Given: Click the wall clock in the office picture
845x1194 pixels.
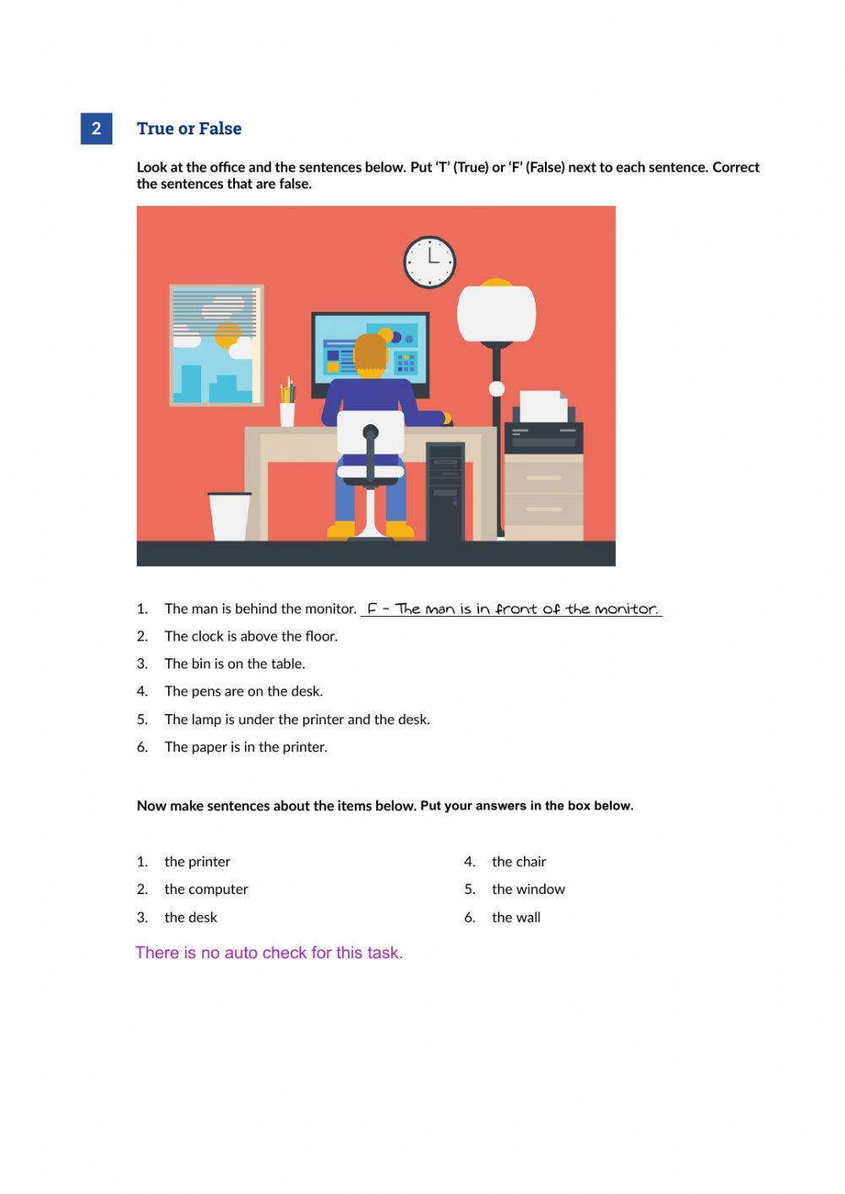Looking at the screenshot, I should (429, 261).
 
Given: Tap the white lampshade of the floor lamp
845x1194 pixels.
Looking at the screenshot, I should (496, 313).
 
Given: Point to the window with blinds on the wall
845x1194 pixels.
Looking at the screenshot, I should (216, 345).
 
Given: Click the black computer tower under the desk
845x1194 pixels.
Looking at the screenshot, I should (445, 490).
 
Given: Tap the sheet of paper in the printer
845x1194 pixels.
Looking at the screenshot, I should (542, 406).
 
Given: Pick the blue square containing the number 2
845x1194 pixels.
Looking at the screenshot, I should (96, 128).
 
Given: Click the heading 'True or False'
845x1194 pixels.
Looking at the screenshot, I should (189, 128).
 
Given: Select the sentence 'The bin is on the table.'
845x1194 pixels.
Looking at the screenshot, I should (235, 663).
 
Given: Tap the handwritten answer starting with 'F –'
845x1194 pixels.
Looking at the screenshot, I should (512, 608).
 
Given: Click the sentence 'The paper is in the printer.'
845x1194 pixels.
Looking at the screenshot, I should (246, 747).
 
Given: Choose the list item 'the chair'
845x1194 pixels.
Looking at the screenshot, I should (519, 862).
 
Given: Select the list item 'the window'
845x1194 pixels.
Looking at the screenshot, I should (528, 889).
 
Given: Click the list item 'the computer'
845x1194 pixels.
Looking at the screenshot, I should (206, 889).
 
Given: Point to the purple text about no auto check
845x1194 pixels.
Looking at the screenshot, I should (269, 952).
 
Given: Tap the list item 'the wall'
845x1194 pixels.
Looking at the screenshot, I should (515, 917).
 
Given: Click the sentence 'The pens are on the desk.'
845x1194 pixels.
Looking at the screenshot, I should (243, 691).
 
